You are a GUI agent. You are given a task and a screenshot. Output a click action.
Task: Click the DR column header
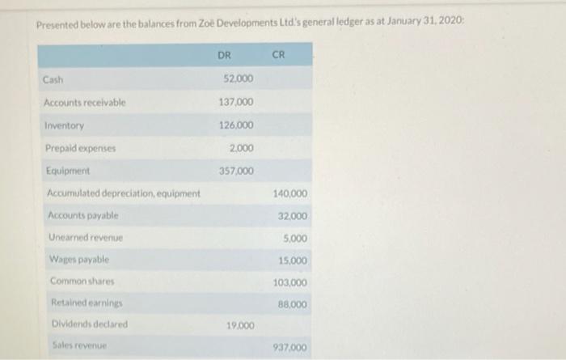[x=224, y=55]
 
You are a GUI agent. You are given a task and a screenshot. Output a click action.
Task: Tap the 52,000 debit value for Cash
[x=238, y=79]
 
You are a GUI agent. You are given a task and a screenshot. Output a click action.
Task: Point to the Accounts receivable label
[x=85, y=103]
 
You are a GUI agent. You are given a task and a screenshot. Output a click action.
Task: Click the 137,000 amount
[x=236, y=103]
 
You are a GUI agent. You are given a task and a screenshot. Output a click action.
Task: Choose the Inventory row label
[x=65, y=126]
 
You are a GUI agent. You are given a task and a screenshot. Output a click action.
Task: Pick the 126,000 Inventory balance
[x=236, y=125]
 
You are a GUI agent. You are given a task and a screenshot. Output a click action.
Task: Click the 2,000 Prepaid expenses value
[x=240, y=148]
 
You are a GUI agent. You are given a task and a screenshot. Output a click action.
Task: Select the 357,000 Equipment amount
[x=236, y=171]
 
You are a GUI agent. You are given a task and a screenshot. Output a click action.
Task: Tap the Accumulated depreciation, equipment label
[x=124, y=193]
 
